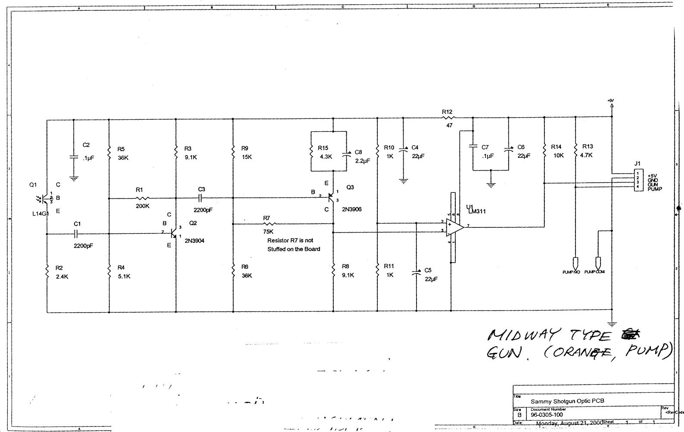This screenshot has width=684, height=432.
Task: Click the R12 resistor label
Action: [447, 112]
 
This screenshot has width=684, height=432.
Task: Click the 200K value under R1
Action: [143, 206]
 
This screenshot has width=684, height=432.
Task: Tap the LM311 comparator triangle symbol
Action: [454, 227]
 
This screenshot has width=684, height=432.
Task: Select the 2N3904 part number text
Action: [194, 241]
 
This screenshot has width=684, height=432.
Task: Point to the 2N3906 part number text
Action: [351, 209]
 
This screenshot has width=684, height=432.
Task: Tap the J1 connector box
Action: [637, 180]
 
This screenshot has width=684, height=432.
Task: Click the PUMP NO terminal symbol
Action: [575, 262]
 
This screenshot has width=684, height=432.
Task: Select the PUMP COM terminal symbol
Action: [598, 262]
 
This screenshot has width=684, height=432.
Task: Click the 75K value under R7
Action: [268, 231]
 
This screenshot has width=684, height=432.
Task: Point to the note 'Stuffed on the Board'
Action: [293, 249]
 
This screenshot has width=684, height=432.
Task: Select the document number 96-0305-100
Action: [547, 415]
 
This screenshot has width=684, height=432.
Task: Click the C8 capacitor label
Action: [358, 152]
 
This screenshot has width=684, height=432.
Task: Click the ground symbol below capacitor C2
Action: [74, 178]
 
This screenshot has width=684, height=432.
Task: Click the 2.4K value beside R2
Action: [62, 277]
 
